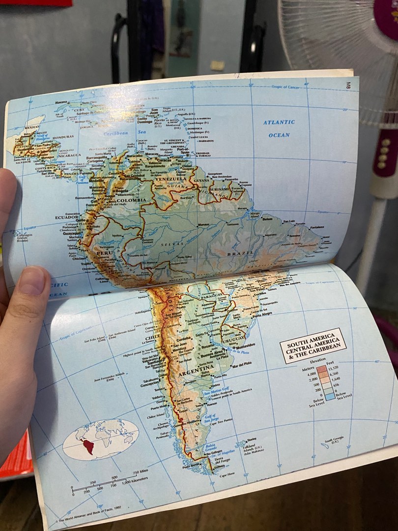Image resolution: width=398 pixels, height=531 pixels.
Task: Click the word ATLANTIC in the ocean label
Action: click(x=279, y=122)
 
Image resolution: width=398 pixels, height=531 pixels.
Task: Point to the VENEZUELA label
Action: click(x=168, y=179)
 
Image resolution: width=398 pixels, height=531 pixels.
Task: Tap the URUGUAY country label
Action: click(x=234, y=340)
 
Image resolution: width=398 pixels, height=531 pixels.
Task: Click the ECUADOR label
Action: click(x=66, y=217)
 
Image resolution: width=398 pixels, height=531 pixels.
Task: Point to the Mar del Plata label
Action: click(x=242, y=364)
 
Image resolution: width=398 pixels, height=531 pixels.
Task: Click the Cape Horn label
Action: click(x=227, y=474)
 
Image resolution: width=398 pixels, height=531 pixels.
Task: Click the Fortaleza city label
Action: click(x=317, y=227)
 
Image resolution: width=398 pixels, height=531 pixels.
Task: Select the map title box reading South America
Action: click(x=313, y=345)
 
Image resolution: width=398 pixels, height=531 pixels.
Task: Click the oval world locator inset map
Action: click(x=101, y=439)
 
